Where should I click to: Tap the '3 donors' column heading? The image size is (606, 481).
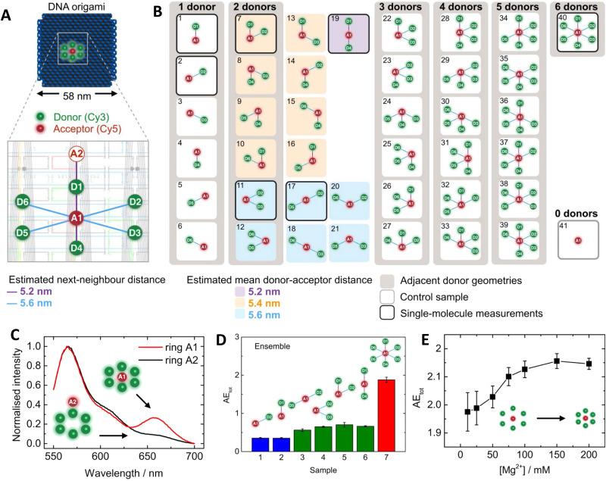click(x=400, y=8)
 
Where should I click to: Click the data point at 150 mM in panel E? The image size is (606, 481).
click(x=557, y=360)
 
